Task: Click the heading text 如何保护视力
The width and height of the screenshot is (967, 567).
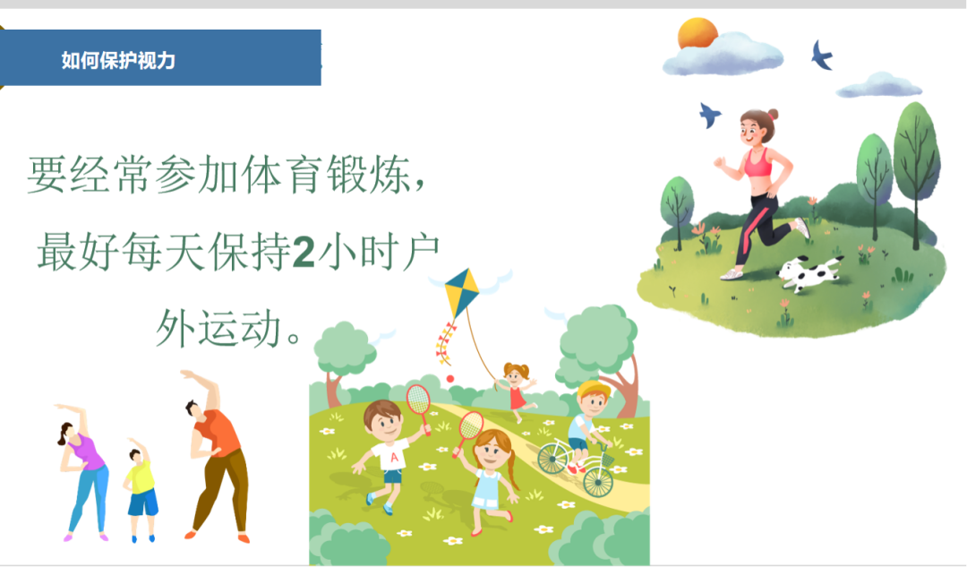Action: [118, 61]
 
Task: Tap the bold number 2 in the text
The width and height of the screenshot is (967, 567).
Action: [304, 253]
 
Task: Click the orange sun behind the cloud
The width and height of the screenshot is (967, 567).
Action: [697, 34]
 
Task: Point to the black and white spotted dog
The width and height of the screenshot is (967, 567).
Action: [809, 272]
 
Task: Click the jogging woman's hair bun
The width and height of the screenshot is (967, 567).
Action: [773, 115]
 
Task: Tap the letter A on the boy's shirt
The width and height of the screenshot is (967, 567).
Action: [392, 459]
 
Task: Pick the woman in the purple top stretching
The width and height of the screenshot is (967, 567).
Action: [86, 470]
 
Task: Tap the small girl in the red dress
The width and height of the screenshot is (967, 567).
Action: [517, 390]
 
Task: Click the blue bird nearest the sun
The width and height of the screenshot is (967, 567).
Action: [821, 56]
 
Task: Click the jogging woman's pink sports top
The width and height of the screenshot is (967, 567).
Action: [757, 163]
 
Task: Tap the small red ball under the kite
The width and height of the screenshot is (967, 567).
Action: [449, 379]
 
